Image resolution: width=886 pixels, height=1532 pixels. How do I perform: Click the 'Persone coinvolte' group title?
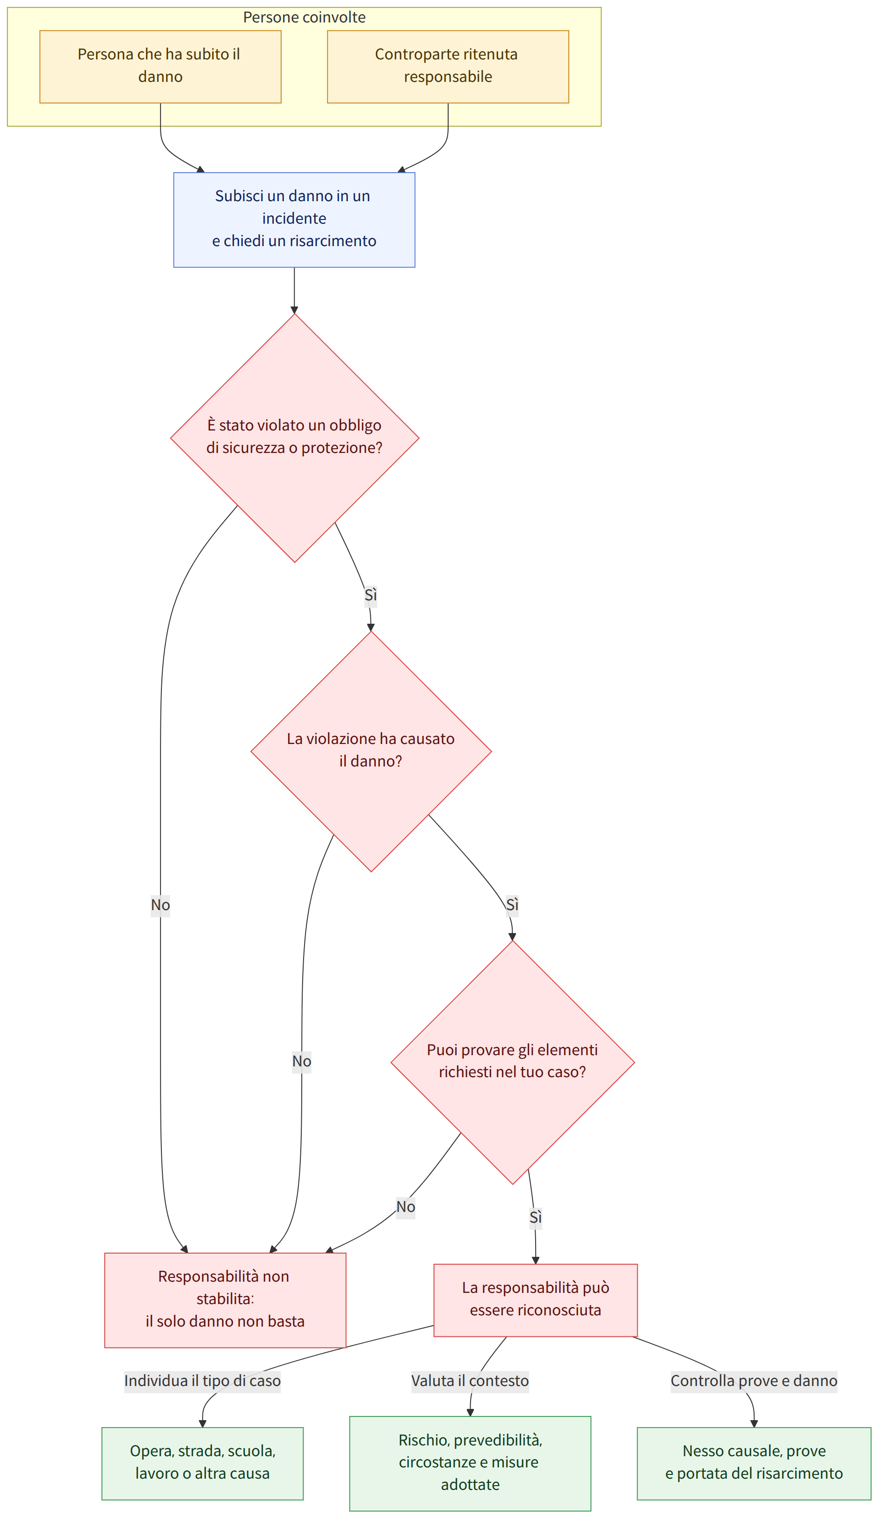tap(304, 17)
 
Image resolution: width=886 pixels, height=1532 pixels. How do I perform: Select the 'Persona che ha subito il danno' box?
tap(160, 66)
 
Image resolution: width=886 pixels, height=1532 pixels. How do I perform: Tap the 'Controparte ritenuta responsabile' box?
tap(448, 66)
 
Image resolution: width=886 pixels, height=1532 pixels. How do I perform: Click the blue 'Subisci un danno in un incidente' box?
tap(294, 219)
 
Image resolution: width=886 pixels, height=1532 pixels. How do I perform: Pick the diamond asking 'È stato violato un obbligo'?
tap(295, 438)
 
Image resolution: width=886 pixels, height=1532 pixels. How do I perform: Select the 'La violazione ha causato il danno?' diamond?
tap(370, 751)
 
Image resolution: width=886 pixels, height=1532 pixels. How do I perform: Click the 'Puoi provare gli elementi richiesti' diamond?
tap(512, 1063)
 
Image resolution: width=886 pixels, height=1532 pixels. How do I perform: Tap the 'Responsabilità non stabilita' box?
tap(225, 1300)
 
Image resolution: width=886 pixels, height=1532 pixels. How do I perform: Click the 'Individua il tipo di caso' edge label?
tap(203, 1380)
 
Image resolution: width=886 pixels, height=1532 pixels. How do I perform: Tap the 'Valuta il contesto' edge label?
tap(470, 1380)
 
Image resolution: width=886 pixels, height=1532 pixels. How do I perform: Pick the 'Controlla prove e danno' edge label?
tap(754, 1380)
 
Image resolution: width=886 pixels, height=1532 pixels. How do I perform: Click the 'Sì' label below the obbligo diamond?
tap(370, 595)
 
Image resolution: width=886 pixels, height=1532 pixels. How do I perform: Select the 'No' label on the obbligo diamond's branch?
tap(160, 905)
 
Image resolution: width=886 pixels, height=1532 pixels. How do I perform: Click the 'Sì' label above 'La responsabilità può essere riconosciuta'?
tap(535, 1217)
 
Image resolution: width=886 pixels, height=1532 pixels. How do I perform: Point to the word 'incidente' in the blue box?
tap(294, 218)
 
